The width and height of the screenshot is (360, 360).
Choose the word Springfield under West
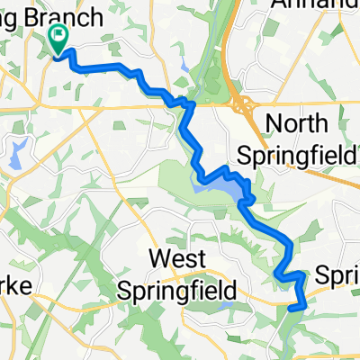click(179, 291)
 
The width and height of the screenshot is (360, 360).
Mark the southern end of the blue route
click(294, 307)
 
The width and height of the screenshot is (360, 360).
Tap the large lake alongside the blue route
click(236, 192)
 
